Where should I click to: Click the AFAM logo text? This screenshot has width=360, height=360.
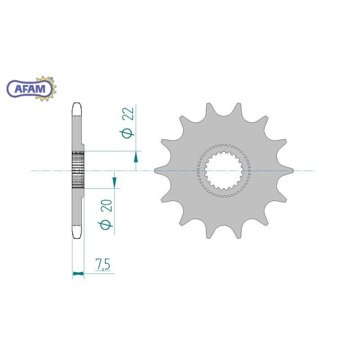[30, 89]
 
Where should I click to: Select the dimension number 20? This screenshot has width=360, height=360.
[106, 206]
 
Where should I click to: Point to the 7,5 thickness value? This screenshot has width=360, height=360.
[103, 264]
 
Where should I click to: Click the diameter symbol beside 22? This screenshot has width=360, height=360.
[127, 134]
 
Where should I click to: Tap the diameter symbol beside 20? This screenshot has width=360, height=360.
[106, 225]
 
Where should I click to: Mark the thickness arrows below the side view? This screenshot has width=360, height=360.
[78, 273]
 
